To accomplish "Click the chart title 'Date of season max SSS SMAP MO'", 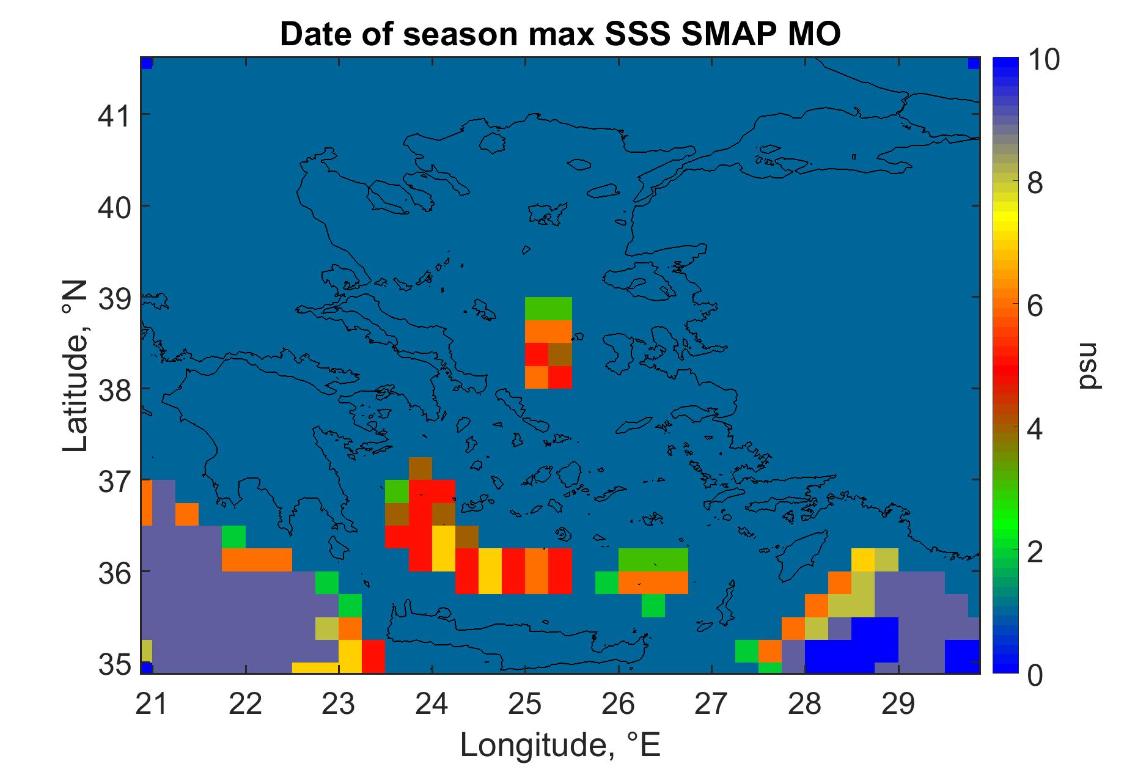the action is click(560, 34).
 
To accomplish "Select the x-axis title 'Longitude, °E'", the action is click(560, 744).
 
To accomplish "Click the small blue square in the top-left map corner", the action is click(146, 64).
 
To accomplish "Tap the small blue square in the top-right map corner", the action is click(974, 64).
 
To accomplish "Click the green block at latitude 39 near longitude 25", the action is click(549, 309).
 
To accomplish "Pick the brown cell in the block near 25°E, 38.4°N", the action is click(560, 354).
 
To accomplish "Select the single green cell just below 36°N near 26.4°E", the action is click(653, 605).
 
